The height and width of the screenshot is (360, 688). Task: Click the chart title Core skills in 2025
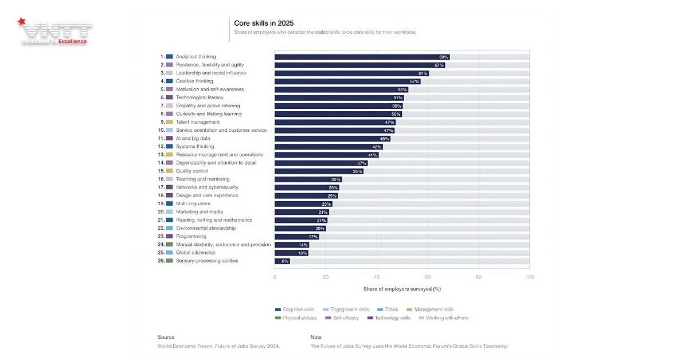[264, 23]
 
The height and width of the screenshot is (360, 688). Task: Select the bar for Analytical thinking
[362, 57]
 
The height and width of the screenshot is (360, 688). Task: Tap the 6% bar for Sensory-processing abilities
[282, 261]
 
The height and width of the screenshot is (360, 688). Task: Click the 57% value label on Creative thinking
[415, 81]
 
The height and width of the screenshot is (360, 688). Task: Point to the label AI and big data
[193, 138]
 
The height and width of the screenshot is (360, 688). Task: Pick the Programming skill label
[191, 236]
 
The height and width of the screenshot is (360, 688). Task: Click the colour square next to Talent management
[169, 122]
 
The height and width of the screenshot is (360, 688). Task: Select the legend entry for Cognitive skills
[297, 310]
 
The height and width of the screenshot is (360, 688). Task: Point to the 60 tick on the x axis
[428, 277]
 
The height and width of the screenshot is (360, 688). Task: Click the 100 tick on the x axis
[529, 277]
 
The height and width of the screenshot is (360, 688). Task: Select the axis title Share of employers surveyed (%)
[402, 289]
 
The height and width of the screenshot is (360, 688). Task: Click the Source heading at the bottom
[166, 337]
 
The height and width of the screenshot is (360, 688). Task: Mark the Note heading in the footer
[316, 337]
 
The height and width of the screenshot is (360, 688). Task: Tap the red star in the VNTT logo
[22, 22]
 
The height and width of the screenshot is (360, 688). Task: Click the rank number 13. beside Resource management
[161, 155]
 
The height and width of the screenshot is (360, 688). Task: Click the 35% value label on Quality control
[358, 171]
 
